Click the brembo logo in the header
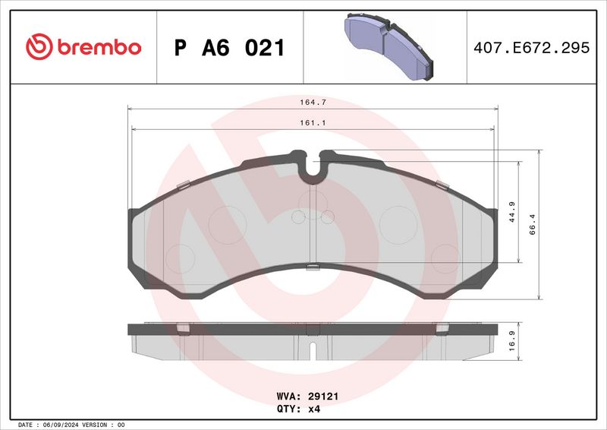83,47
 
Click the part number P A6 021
230,48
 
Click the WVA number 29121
322,396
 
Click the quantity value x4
314,408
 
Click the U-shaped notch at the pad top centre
312,169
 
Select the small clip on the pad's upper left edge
181,185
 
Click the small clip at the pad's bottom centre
312,266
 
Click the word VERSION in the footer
97,424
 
